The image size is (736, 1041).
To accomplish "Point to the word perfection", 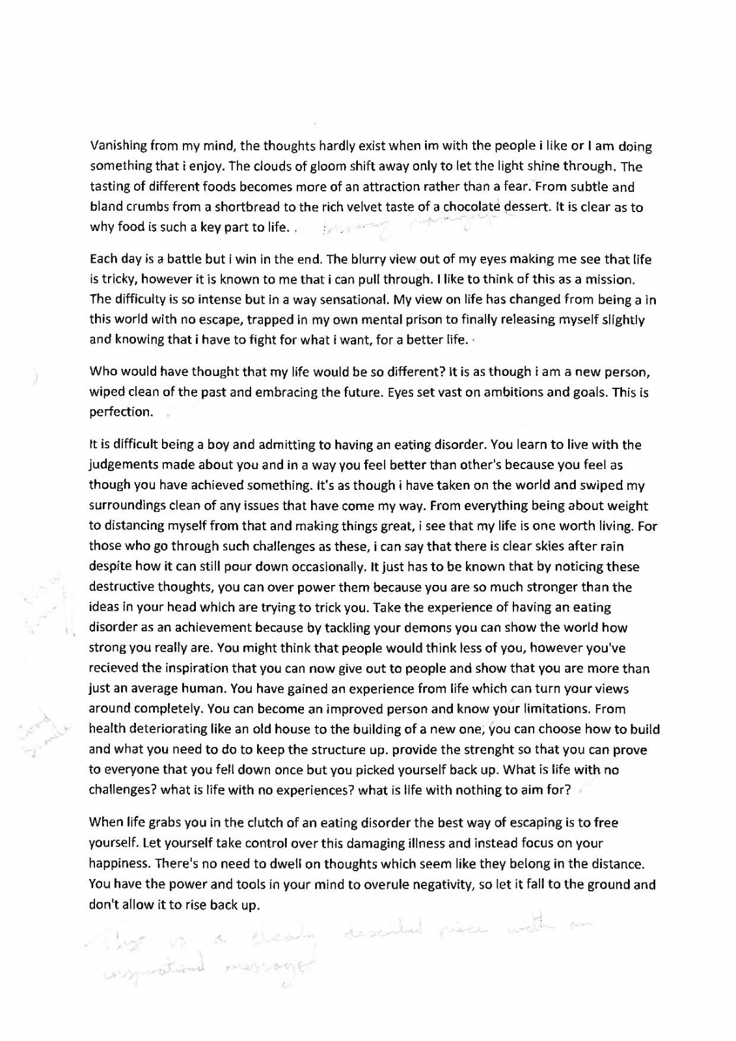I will tap(121, 412).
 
